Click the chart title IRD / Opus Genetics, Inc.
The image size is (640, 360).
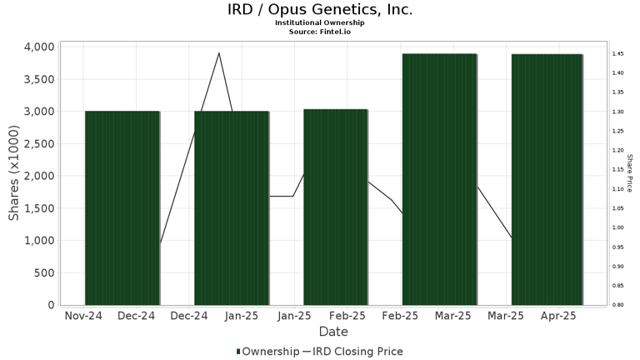click(x=320, y=10)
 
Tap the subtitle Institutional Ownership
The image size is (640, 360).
click(x=320, y=23)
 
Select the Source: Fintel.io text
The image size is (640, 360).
click(x=320, y=32)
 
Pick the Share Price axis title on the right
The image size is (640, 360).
click(x=630, y=172)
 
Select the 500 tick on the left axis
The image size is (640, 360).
click(x=42, y=272)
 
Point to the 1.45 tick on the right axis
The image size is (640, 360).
click(x=618, y=54)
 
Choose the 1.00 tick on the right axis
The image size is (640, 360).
click(x=618, y=227)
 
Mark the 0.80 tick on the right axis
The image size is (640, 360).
click(x=618, y=305)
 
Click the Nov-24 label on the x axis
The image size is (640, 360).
click(x=83, y=317)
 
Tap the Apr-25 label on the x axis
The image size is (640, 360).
click(x=558, y=317)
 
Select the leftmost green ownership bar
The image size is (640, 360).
click(x=122, y=208)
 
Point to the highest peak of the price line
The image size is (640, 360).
click(x=218, y=53)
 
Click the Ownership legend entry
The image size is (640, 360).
click(x=268, y=352)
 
